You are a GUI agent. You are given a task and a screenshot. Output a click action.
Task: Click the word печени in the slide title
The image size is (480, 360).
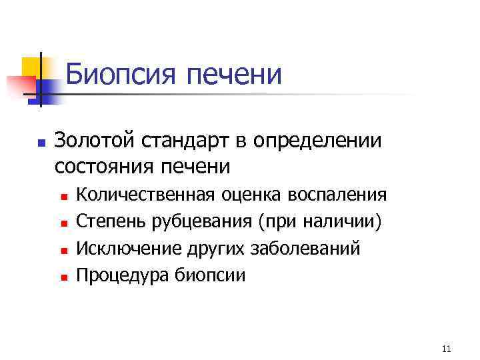click(x=234, y=75)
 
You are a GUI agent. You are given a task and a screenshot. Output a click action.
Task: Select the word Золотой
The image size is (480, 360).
click(x=94, y=141)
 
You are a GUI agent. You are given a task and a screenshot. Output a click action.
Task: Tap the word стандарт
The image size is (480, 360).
click(x=180, y=141)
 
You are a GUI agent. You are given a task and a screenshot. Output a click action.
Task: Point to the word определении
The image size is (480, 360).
click(x=315, y=141)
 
